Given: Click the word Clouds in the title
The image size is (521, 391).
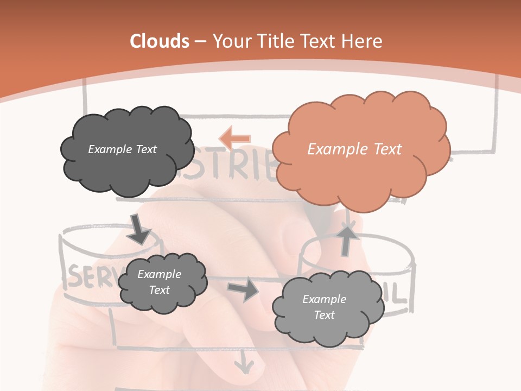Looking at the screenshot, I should coord(160,41).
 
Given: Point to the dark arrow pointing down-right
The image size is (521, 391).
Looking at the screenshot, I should coord(139,229).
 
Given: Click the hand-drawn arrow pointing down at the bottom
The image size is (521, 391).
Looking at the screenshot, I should coord(244,362).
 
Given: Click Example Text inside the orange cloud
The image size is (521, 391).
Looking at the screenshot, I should coord(354,149).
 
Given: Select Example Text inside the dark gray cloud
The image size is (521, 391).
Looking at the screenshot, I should coord(122,149).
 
